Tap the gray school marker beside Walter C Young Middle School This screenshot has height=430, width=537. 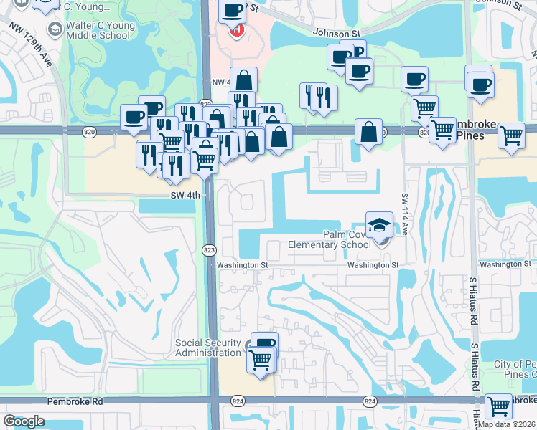53,29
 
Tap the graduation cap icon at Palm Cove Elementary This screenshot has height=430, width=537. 379,225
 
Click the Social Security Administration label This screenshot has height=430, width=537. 208,348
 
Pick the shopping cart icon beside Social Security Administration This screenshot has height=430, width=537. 260,358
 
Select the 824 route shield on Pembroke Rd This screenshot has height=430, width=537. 370,401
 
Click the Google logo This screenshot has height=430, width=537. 24,421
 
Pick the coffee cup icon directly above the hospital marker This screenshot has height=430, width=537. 233,11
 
